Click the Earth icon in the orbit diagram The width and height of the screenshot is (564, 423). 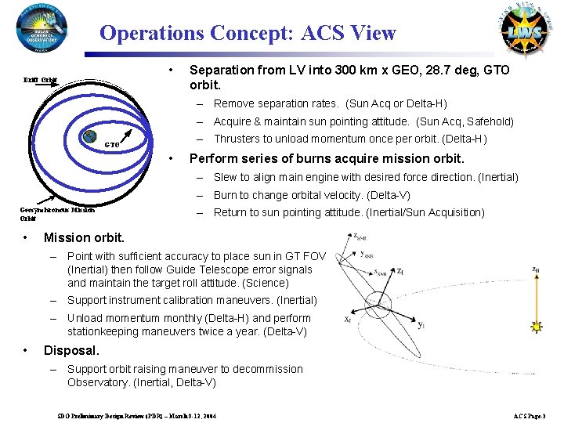coord(91,136)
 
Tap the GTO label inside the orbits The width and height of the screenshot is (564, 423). coord(112,145)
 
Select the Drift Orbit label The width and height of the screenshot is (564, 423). coord(39,79)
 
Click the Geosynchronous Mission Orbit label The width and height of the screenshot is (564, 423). coord(57,214)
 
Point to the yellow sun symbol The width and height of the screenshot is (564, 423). coord(537,325)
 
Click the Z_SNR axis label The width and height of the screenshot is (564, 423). coord(363,235)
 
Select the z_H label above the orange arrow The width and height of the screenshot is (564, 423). coord(536,269)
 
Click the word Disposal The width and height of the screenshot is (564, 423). coord(71,351)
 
